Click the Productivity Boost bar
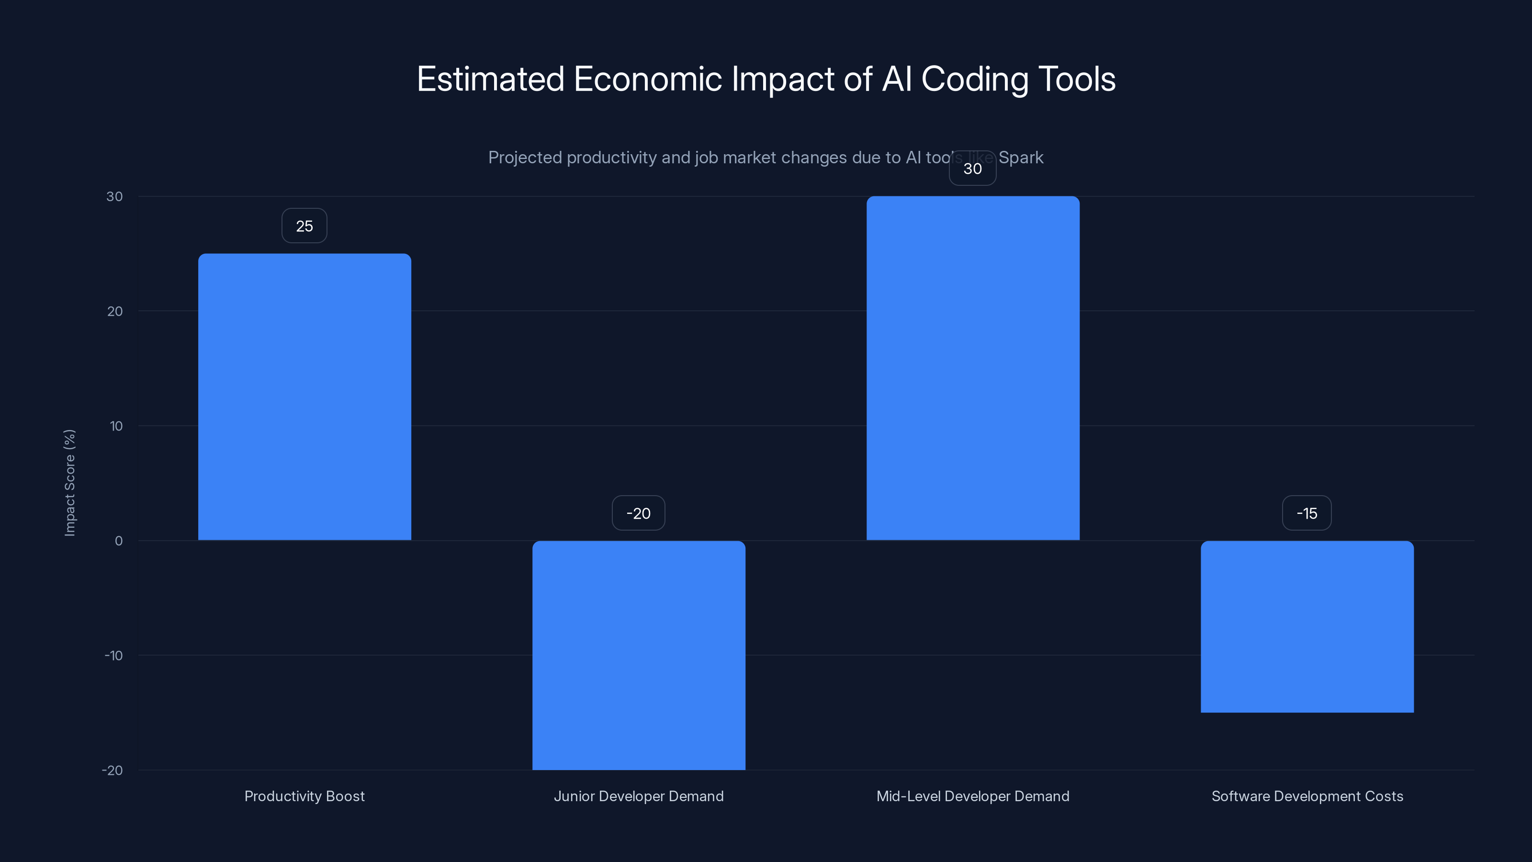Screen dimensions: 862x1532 [x=304, y=397]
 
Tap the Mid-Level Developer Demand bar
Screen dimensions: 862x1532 [x=973, y=368]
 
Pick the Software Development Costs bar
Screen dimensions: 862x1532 [x=1307, y=626]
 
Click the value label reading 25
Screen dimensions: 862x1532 [x=304, y=226]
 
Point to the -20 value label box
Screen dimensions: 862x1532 [x=639, y=513]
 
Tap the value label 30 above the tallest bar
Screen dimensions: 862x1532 [x=972, y=169]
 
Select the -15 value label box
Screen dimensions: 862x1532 [x=1307, y=513]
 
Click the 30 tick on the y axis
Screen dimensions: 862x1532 [x=115, y=197]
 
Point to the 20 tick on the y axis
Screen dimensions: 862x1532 [x=115, y=312]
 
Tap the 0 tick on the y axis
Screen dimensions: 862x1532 [x=119, y=541]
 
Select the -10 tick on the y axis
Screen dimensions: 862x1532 [x=113, y=656]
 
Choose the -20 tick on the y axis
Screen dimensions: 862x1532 [x=113, y=771]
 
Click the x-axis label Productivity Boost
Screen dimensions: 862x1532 [x=304, y=796]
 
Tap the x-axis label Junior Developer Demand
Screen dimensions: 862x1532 [x=639, y=796]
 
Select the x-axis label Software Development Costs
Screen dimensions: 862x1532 [x=1307, y=796]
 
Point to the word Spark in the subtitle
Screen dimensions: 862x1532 [x=1021, y=158]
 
